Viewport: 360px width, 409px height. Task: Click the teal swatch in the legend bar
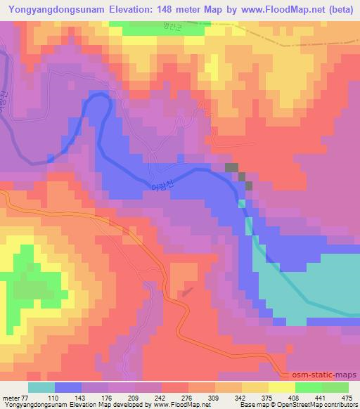tap(41, 387)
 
